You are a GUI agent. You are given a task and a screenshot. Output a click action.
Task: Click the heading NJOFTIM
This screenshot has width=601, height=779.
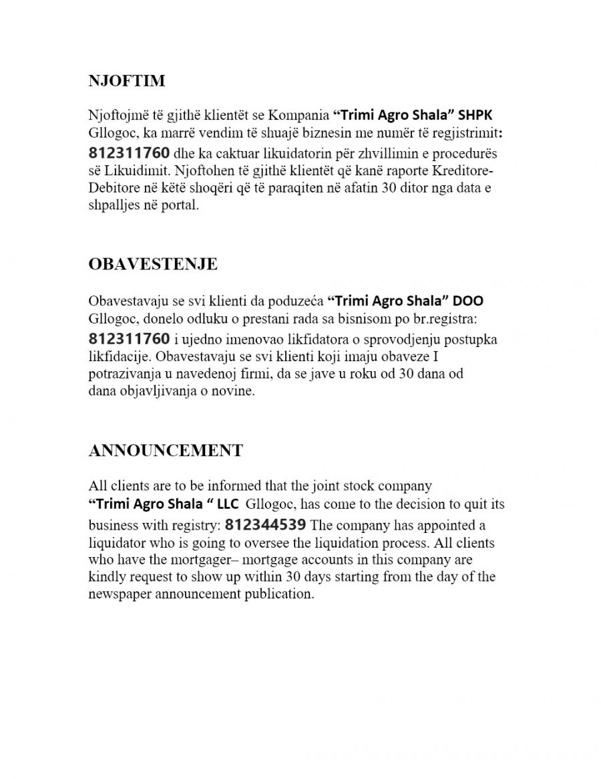click(x=127, y=82)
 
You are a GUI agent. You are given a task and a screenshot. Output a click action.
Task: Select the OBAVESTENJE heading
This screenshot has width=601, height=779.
click(x=153, y=264)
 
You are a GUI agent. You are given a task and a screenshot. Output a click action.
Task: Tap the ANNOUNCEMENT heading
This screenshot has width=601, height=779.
click(x=166, y=450)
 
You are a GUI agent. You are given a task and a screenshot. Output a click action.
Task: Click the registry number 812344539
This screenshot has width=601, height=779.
click(x=266, y=523)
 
